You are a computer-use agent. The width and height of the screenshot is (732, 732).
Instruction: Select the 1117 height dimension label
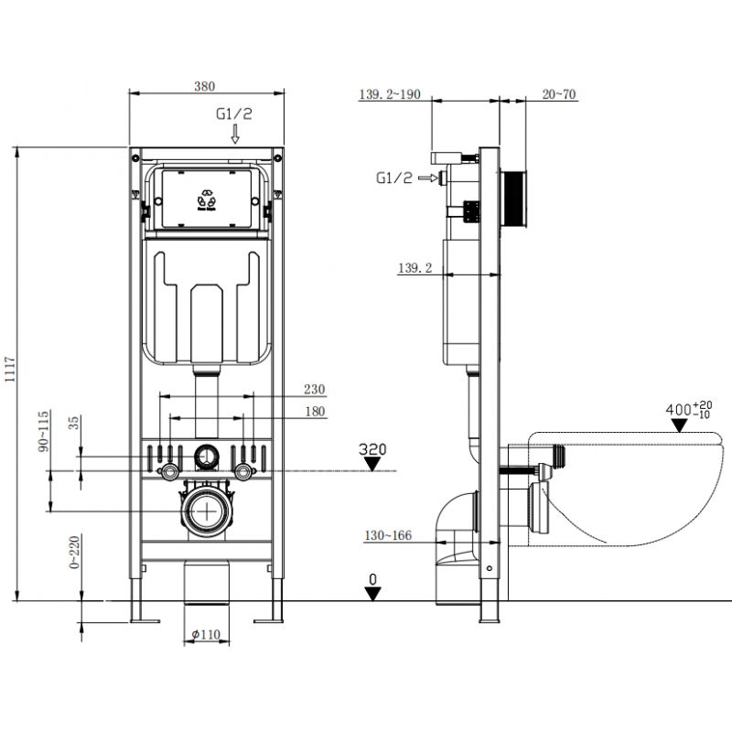click(x=9, y=373)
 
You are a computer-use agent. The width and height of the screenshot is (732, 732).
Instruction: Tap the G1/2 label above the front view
click(x=233, y=114)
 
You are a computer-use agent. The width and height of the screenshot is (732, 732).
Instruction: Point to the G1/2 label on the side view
click(x=394, y=178)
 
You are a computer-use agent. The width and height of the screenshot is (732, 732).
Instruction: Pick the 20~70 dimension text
click(x=558, y=94)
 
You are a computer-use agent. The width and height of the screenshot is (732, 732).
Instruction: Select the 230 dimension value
click(x=315, y=389)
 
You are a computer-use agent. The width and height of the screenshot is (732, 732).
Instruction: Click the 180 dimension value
click(x=315, y=412)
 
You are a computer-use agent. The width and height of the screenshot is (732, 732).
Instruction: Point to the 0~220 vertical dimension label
click(x=74, y=554)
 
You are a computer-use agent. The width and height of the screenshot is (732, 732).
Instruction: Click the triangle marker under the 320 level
click(x=372, y=464)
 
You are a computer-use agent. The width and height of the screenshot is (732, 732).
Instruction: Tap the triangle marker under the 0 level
click(x=371, y=593)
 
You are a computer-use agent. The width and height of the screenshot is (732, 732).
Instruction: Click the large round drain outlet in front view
click(x=209, y=509)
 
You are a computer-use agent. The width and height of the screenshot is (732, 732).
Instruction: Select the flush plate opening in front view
click(x=209, y=197)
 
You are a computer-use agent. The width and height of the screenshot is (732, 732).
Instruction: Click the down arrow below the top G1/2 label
click(x=234, y=135)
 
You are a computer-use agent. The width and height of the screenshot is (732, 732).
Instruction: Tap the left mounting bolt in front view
click(x=169, y=472)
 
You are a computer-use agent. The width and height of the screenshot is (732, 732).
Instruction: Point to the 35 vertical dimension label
click(x=74, y=423)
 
